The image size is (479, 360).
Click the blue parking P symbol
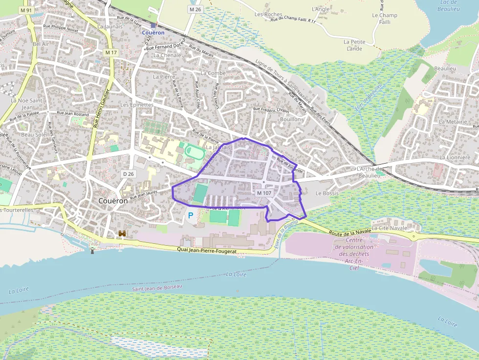[x=191, y=215]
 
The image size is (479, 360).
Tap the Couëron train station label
[x=153, y=32]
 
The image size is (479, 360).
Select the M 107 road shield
[x=264, y=193]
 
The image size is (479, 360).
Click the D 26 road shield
[x=129, y=174]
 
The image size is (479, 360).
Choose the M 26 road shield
[x=195, y=9]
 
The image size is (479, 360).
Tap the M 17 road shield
[x=111, y=52]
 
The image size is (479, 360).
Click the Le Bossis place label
[x=327, y=193]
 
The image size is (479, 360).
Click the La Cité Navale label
[x=390, y=228]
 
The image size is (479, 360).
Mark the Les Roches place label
[x=268, y=15]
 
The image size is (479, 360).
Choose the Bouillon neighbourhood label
[x=290, y=119]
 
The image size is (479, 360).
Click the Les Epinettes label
[x=137, y=105]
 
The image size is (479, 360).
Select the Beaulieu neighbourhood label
[x=445, y=68]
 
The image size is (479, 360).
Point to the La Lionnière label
[x=455, y=157]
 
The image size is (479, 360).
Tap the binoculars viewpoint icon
[x=122, y=234]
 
